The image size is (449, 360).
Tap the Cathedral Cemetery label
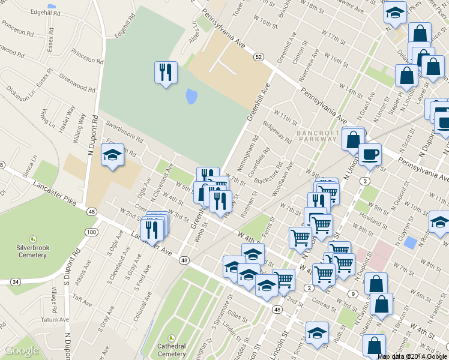(172, 349)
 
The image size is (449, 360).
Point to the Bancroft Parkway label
(318, 135)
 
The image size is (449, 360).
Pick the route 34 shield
(16, 281)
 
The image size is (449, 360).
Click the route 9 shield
(354, 293)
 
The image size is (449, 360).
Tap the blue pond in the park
(191, 96)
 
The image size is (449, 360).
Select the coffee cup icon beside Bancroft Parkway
(369, 155)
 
